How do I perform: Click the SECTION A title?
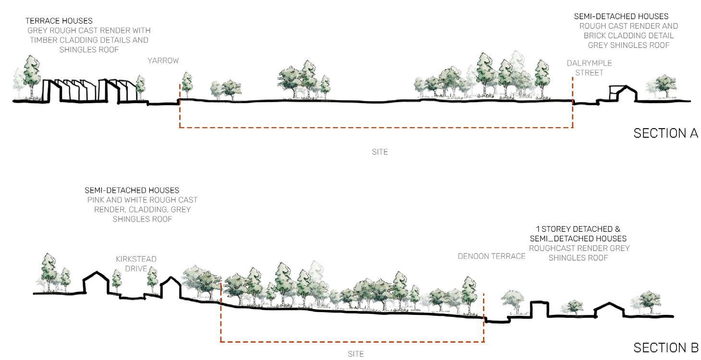(x=665, y=133)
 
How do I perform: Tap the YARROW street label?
(x=163, y=61)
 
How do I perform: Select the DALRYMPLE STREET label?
(x=589, y=68)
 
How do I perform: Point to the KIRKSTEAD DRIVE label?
(x=136, y=264)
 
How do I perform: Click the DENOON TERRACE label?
(x=491, y=256)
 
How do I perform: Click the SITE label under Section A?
(x=379, y=152)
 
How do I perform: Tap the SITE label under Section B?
(x=356, y=354)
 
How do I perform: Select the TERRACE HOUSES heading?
(x=59, y=21)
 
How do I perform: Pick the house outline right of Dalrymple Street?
(x=622, y=93)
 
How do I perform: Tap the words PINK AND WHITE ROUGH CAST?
(x=143, y=200)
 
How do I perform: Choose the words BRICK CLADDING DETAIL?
(x=628, y=36)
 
